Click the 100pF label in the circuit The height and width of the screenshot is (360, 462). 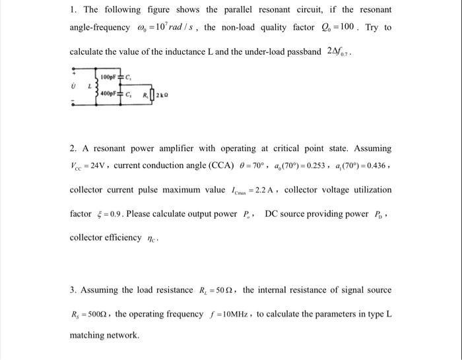click(x=108, y=78)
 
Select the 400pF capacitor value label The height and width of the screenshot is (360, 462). click(x=108, y=93)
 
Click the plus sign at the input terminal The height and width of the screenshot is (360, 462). click(x=74, y=71)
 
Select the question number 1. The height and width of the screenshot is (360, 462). click(x=73, y=10)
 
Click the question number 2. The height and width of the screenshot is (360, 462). click(x=73, y=149)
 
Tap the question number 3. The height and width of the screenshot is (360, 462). click(x=73, y=290)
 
